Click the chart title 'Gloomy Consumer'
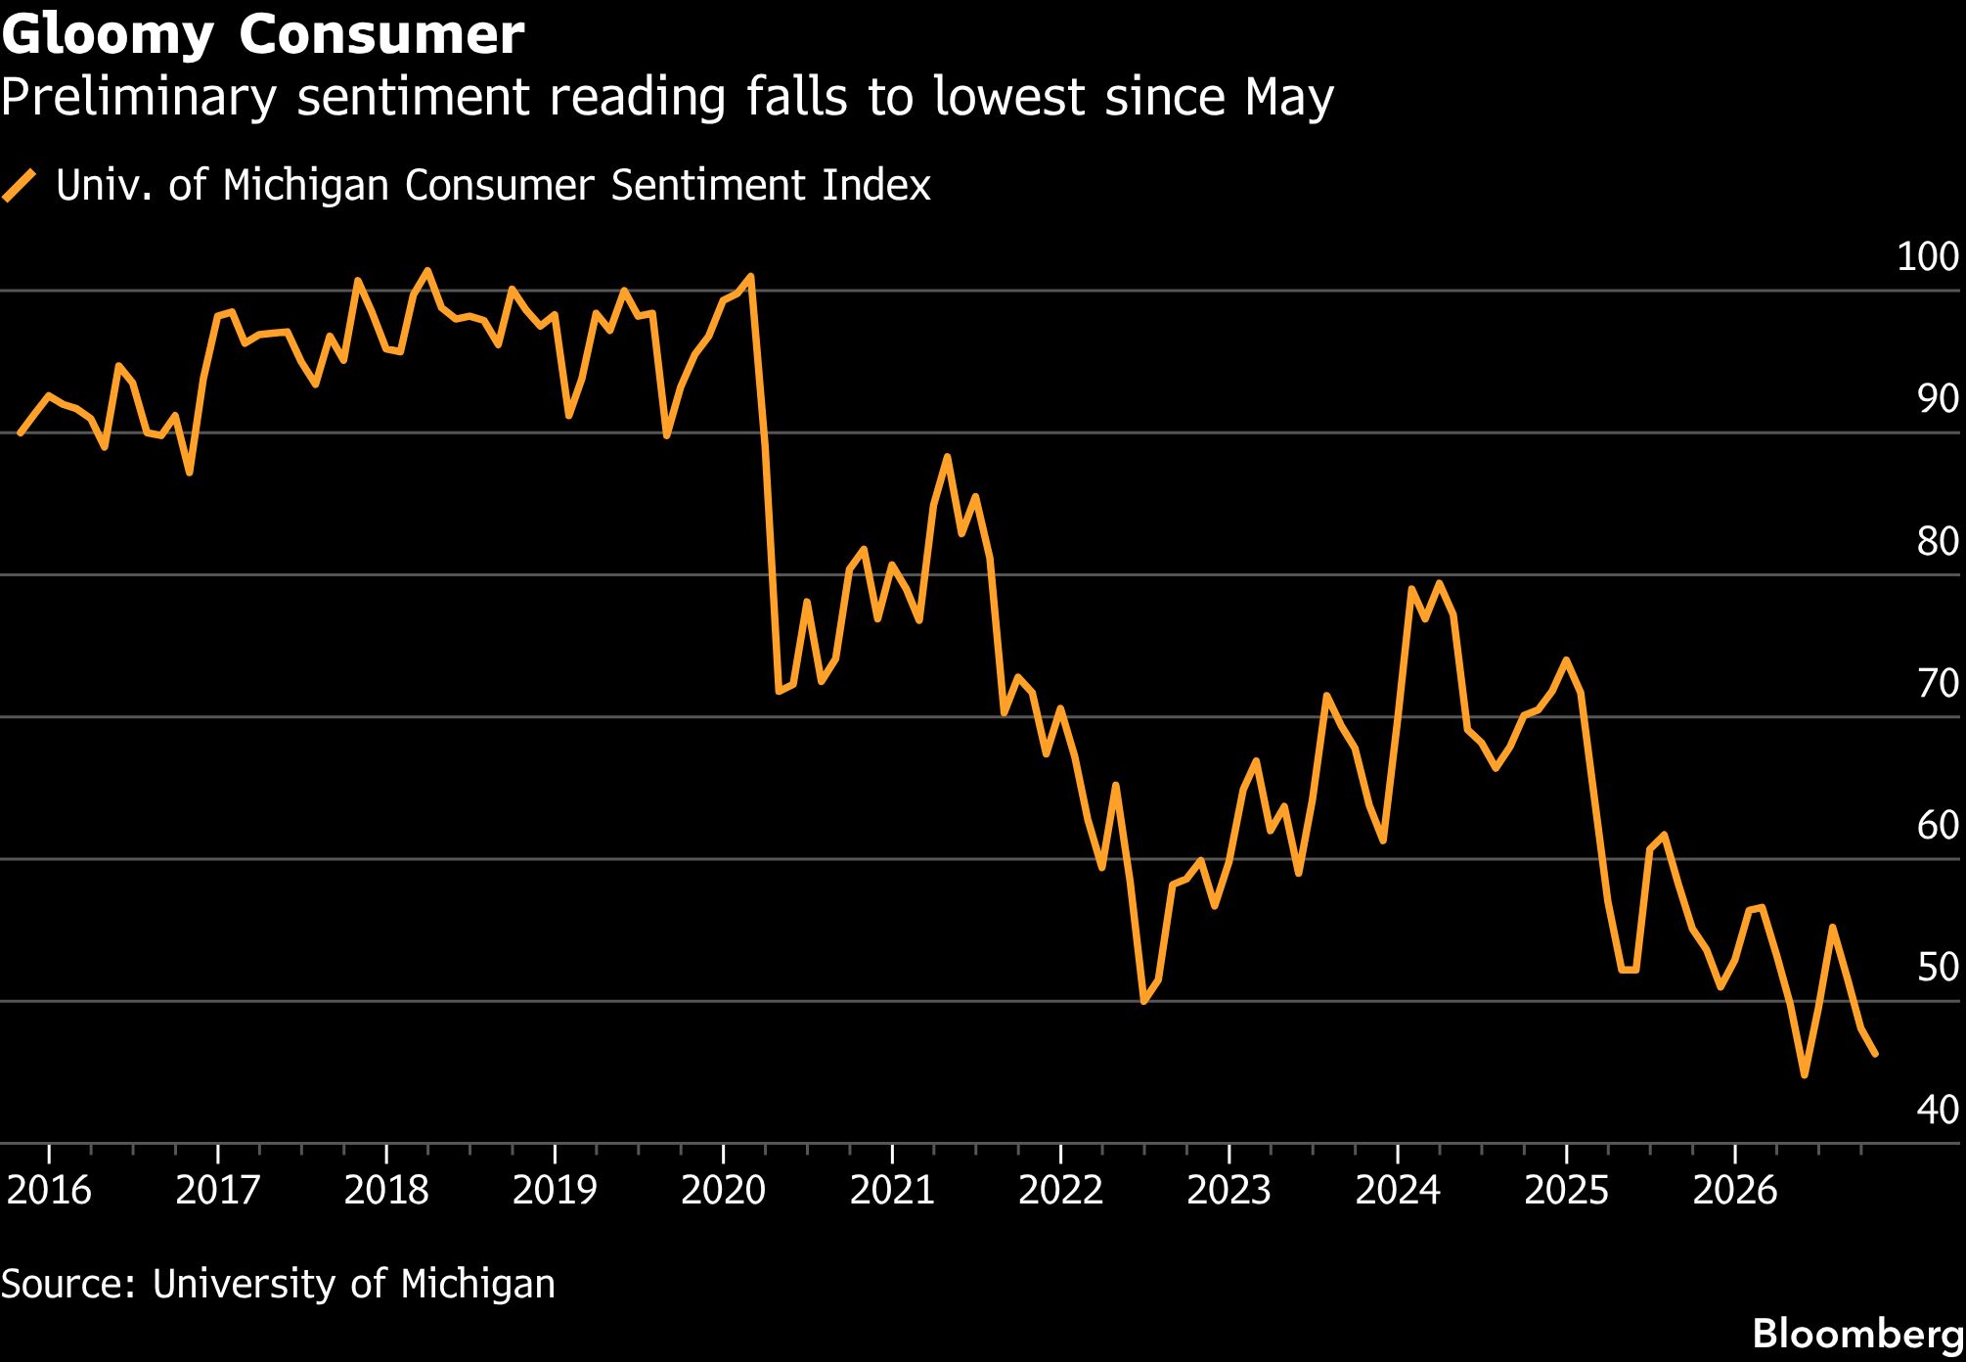[x=263, y=36]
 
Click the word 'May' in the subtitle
[x=1289, y=98]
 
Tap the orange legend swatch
[x=20, y=185]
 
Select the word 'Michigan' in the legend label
[x=306, y=185]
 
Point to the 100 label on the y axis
[x=1928, y=256]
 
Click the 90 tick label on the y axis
[x=1938, y=398]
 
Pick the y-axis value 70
[x=1938, y=683]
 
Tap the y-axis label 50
[x=1938, y=967]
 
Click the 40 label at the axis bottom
[x=1938, y=1110]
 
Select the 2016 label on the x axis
[x=49, y=1190]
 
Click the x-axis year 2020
[x=723, y=1190]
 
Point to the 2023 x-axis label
[x=1229, y=1190]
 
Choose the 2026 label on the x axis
[x=1734, y=1190]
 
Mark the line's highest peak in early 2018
[x=427, y=271]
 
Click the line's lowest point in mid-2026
[x=1804, y=1074]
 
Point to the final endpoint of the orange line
[x=1874, y=1054]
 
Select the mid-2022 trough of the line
[x=1143, y=1001]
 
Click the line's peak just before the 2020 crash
[x=751, y=277]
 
